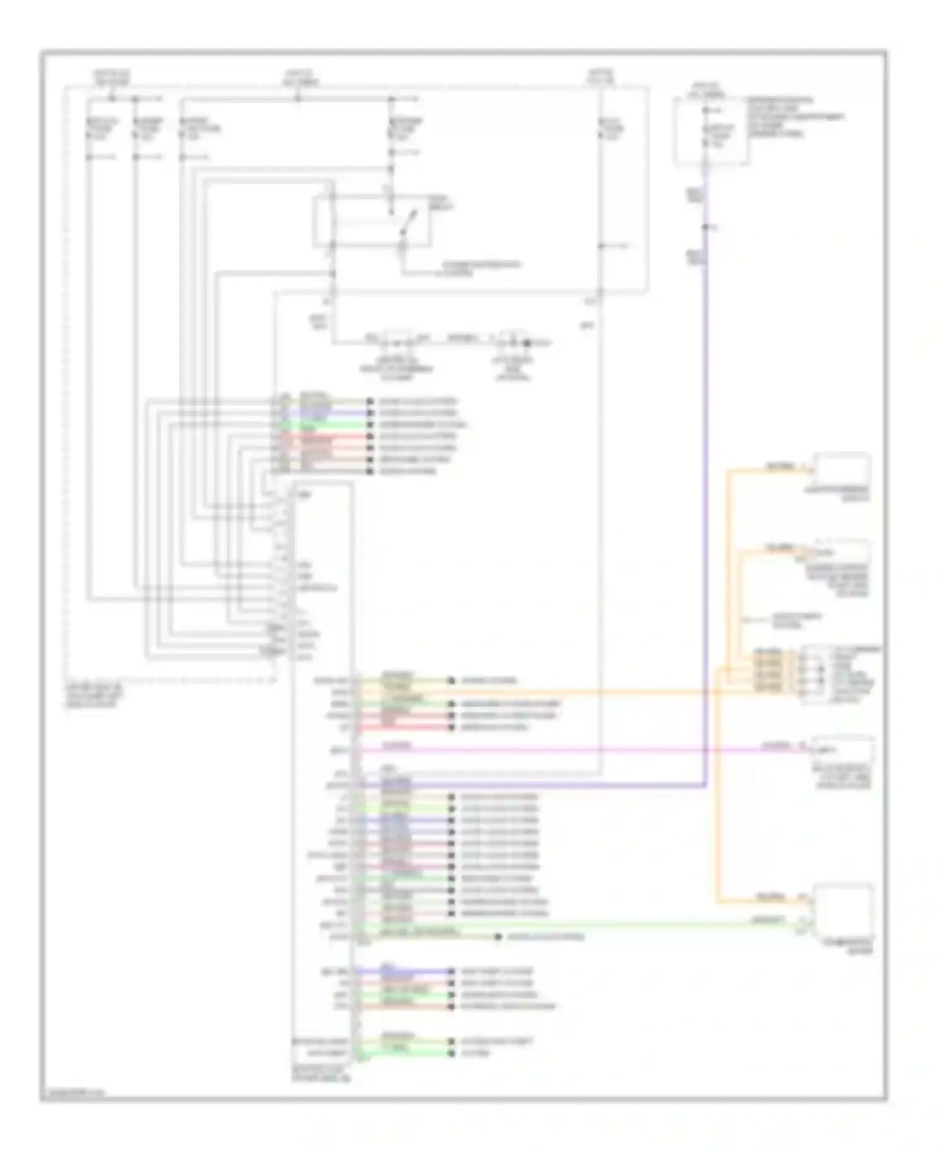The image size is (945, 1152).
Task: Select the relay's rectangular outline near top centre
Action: coord(372,221)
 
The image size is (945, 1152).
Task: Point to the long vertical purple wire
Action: coord(705,504)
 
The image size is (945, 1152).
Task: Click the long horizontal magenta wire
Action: coord(567,750)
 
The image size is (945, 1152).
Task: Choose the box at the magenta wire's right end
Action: coord(843,749)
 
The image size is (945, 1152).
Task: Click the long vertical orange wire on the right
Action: coord(717,788)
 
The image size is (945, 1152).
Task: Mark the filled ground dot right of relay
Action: coord(528,343)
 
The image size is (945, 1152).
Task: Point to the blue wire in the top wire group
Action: coord(340,413)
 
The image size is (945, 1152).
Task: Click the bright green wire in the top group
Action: coord(340,425)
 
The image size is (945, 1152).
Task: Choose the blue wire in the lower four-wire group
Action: coord(416,971)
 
